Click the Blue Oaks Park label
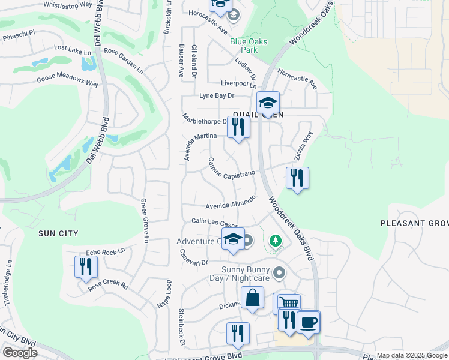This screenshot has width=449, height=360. pyautogui.click(x=249, y=46)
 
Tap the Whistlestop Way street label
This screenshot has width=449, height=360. pyautogui.click(x=68, y=5)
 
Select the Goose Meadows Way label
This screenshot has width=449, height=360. pyautogui.click(x=67, y=82)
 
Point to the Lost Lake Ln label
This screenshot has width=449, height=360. pyautogui.click(x=73, y=49)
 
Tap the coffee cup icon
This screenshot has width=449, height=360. pyautogui.click(x=309, y=322)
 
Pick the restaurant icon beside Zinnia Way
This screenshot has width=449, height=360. pyautogui.click(x=297, y=178)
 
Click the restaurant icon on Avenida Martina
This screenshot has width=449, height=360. pyautogui.click(x=239, y=127)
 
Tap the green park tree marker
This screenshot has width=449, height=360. pyautogui.click(x=276, y=241)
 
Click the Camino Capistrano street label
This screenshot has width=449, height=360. pyautogui.click(x=232, y=169)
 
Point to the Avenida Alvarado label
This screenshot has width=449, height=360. pyautogui.click(x=231, y=202)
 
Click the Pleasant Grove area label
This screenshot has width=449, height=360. pyautogui.click(x=414, y=223)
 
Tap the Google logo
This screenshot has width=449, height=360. pyautogui.click(x=20, y=352)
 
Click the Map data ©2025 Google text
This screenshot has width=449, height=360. pyautogui.click(x=411, y=355)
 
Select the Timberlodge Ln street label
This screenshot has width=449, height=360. pyautogui.click(x=9, y=282)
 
